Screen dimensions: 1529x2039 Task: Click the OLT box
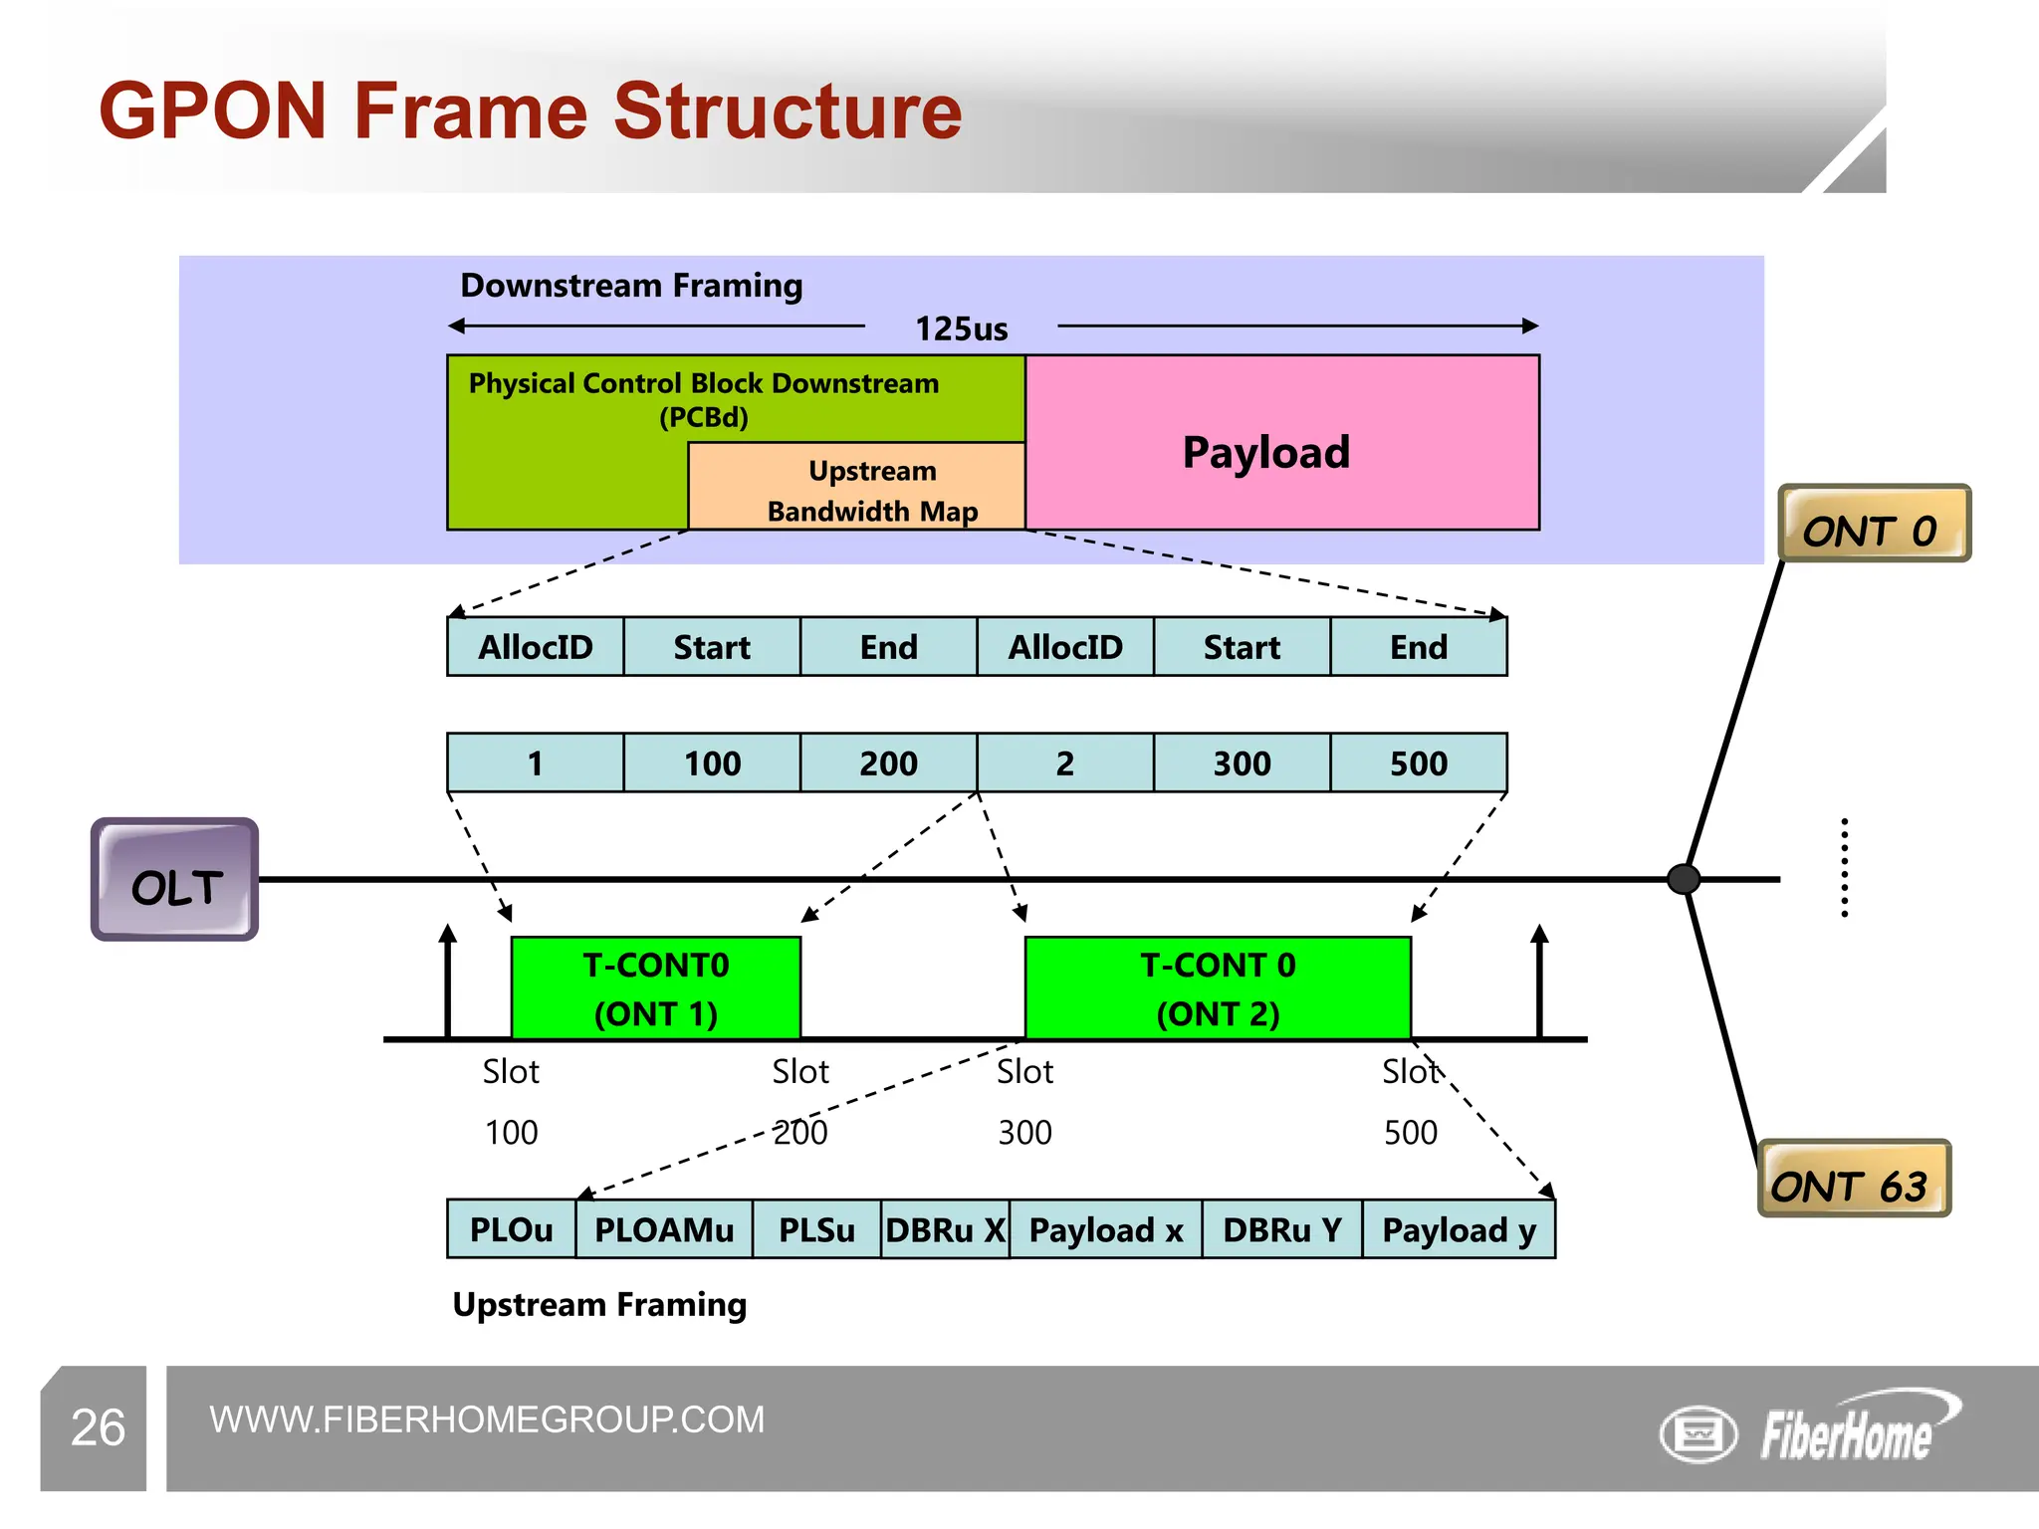[x=175, y=880]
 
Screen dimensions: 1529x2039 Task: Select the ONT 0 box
[x=1873, y=525]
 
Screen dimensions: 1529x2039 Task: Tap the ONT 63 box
[x=1853, y=1180]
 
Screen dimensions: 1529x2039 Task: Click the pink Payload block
[x=1282, y=443]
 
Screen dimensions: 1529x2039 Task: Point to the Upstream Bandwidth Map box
[x=857, y=487]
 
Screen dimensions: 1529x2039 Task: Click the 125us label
[x=961, y=328]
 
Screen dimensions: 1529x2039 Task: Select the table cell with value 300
[x=1242, y=764]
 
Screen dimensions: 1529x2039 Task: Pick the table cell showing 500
[x=1418, y=764]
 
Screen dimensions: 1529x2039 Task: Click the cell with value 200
[x=888, y=764]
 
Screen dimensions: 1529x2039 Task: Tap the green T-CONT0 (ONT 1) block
[x=655, y=988]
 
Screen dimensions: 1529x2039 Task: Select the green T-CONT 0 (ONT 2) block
[x=1217, y=988]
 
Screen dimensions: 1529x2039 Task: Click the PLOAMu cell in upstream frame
[x=664, y=1230]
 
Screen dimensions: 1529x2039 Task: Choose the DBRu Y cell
[x=1281, y=1230]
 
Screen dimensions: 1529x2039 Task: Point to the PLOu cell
[x=511, y=1230]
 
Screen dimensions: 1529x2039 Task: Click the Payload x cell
[x=1105, y=1230]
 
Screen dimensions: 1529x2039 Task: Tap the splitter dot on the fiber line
[x=1684, y=879]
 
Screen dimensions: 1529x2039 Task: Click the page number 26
[x=98, y=1427]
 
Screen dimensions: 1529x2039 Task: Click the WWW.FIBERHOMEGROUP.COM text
[x=487, y=1420]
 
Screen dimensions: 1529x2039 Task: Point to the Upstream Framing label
[x=599, y=1305]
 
